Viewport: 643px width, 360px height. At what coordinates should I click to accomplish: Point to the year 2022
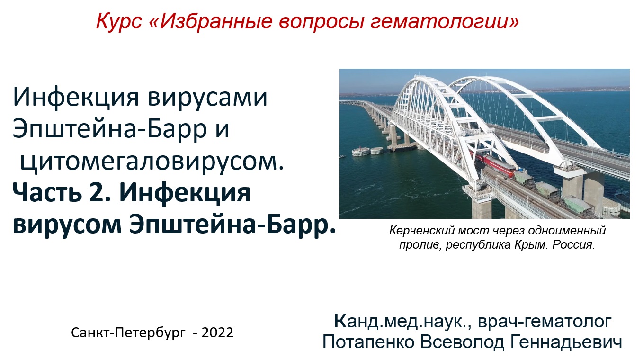pos(217,333)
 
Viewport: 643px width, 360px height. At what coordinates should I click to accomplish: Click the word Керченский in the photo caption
pos(417,231)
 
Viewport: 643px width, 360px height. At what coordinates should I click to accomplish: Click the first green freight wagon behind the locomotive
pos(525,179)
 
